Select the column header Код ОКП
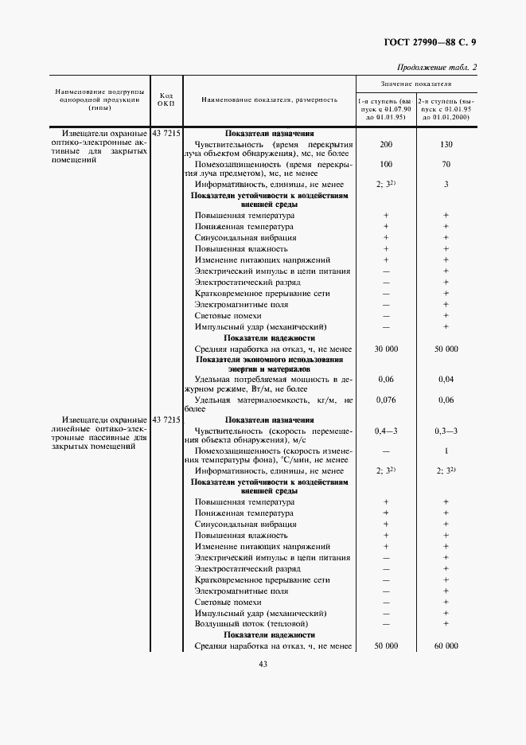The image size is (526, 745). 166,99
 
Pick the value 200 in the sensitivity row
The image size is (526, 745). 386,144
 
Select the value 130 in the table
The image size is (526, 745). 446,144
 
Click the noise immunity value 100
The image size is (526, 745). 386,164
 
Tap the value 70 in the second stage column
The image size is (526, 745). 446,164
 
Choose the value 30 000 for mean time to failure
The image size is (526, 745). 386,349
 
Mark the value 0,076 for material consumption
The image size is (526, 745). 386,400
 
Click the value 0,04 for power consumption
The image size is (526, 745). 446,379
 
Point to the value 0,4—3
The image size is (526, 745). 386,431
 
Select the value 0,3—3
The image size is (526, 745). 446,431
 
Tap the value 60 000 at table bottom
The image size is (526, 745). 446,646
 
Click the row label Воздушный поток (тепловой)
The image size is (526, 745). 244,624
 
